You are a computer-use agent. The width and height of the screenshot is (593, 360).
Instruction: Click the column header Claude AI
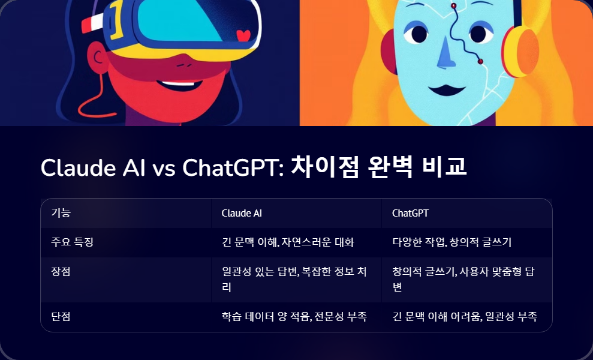242,213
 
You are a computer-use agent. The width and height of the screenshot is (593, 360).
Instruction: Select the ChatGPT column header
410,213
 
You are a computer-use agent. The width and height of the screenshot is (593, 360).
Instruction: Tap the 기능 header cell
61,213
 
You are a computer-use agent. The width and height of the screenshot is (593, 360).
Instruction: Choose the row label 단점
61,316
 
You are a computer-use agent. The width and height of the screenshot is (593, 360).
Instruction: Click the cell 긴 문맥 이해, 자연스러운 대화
288,242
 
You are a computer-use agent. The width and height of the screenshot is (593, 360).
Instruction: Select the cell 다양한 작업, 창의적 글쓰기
451,242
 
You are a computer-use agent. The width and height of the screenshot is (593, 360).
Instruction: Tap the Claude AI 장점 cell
294,279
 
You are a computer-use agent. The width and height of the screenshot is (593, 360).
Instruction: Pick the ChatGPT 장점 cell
462,279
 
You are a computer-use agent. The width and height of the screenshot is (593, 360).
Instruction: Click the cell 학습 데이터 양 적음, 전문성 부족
294,316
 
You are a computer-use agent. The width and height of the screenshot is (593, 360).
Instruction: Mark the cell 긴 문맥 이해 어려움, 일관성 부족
464,316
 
